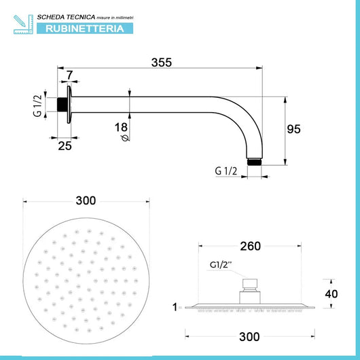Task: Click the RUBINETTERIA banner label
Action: click(x=84, y=29)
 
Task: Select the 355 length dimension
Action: click(x=160, y=62)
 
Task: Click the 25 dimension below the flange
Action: click(x=64, y=145)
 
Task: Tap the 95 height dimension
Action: click(x=293, y=129)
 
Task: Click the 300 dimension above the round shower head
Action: click(x=86, y=200)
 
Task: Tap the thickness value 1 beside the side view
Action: click(x=175, y=307)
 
